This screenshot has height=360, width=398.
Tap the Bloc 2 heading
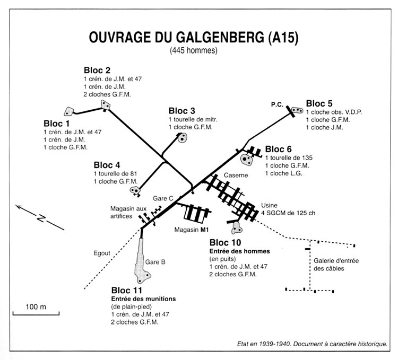[x=97, y=70]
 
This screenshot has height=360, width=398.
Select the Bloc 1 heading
[x=56, y=123]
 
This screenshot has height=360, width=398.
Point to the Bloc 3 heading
[x=182, y=111]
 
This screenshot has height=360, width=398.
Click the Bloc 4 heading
[x=107, y=165]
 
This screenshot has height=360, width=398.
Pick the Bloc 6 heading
[x=278, y=149]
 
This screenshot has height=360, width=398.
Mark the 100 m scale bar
[x=28, y=313]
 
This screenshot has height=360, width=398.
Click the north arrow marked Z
[x=40, y=217]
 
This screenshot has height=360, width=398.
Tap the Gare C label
[x=163, y=198]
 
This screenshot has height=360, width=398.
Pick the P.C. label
[x=276, y=104]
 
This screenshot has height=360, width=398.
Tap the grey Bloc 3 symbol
[x=183, y=138]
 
